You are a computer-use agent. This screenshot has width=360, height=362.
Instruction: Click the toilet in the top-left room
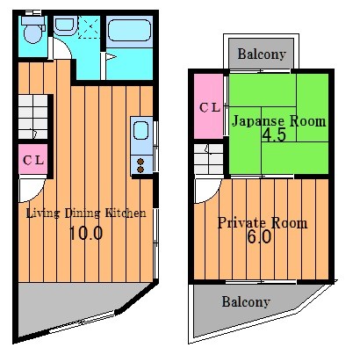click(x=33, y=31)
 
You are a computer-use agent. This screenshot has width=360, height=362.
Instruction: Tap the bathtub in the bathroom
click(x=129, y=30)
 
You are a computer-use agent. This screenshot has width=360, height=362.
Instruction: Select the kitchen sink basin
click(x=140, y=131)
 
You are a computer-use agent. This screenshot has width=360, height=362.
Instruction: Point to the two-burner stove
click(x=140, y=165)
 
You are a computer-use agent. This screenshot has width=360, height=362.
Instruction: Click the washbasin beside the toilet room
click(x=65, y=25)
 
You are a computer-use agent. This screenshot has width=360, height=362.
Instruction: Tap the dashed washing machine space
click(x=90, y=27)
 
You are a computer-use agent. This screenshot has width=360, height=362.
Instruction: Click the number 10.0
click(x=86, y=234)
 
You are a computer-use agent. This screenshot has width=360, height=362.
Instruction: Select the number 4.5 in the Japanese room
click(x=274, y=135)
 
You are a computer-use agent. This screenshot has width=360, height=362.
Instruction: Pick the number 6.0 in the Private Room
click(x=259, y=237)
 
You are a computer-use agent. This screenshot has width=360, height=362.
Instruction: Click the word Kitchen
click(x=126, y=213)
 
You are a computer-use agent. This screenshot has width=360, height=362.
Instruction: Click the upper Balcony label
click(x=262, y=54)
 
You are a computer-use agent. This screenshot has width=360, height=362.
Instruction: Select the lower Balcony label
click(x=246, y=302)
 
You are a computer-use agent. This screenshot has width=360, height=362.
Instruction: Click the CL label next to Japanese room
click(x=210, y=108)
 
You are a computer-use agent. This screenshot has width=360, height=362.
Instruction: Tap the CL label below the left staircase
click(x=33, y=160)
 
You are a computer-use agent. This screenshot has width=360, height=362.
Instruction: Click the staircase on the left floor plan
click(x=32, y=117)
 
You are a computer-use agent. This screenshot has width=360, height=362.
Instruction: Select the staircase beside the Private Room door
click(x=208, y=159)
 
